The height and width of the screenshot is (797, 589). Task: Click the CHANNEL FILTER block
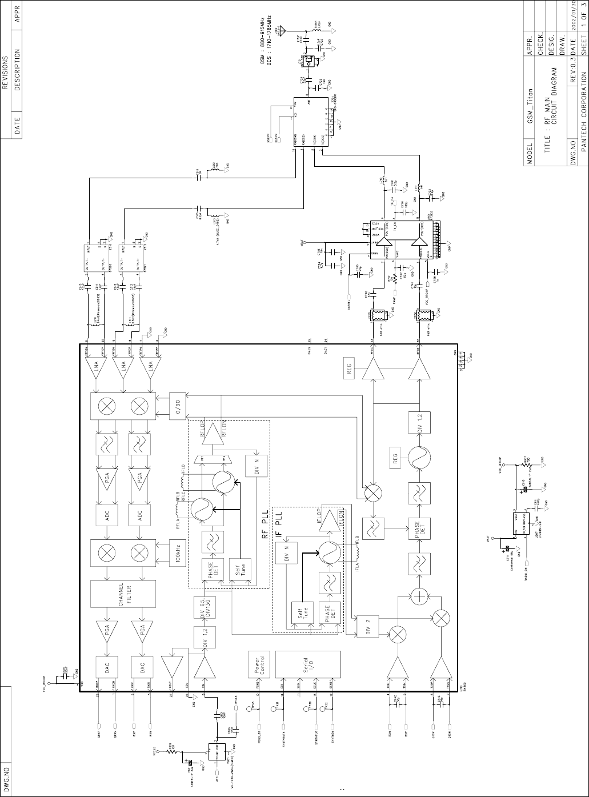[123, 595]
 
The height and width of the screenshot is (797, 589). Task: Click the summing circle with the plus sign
[420, 597]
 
